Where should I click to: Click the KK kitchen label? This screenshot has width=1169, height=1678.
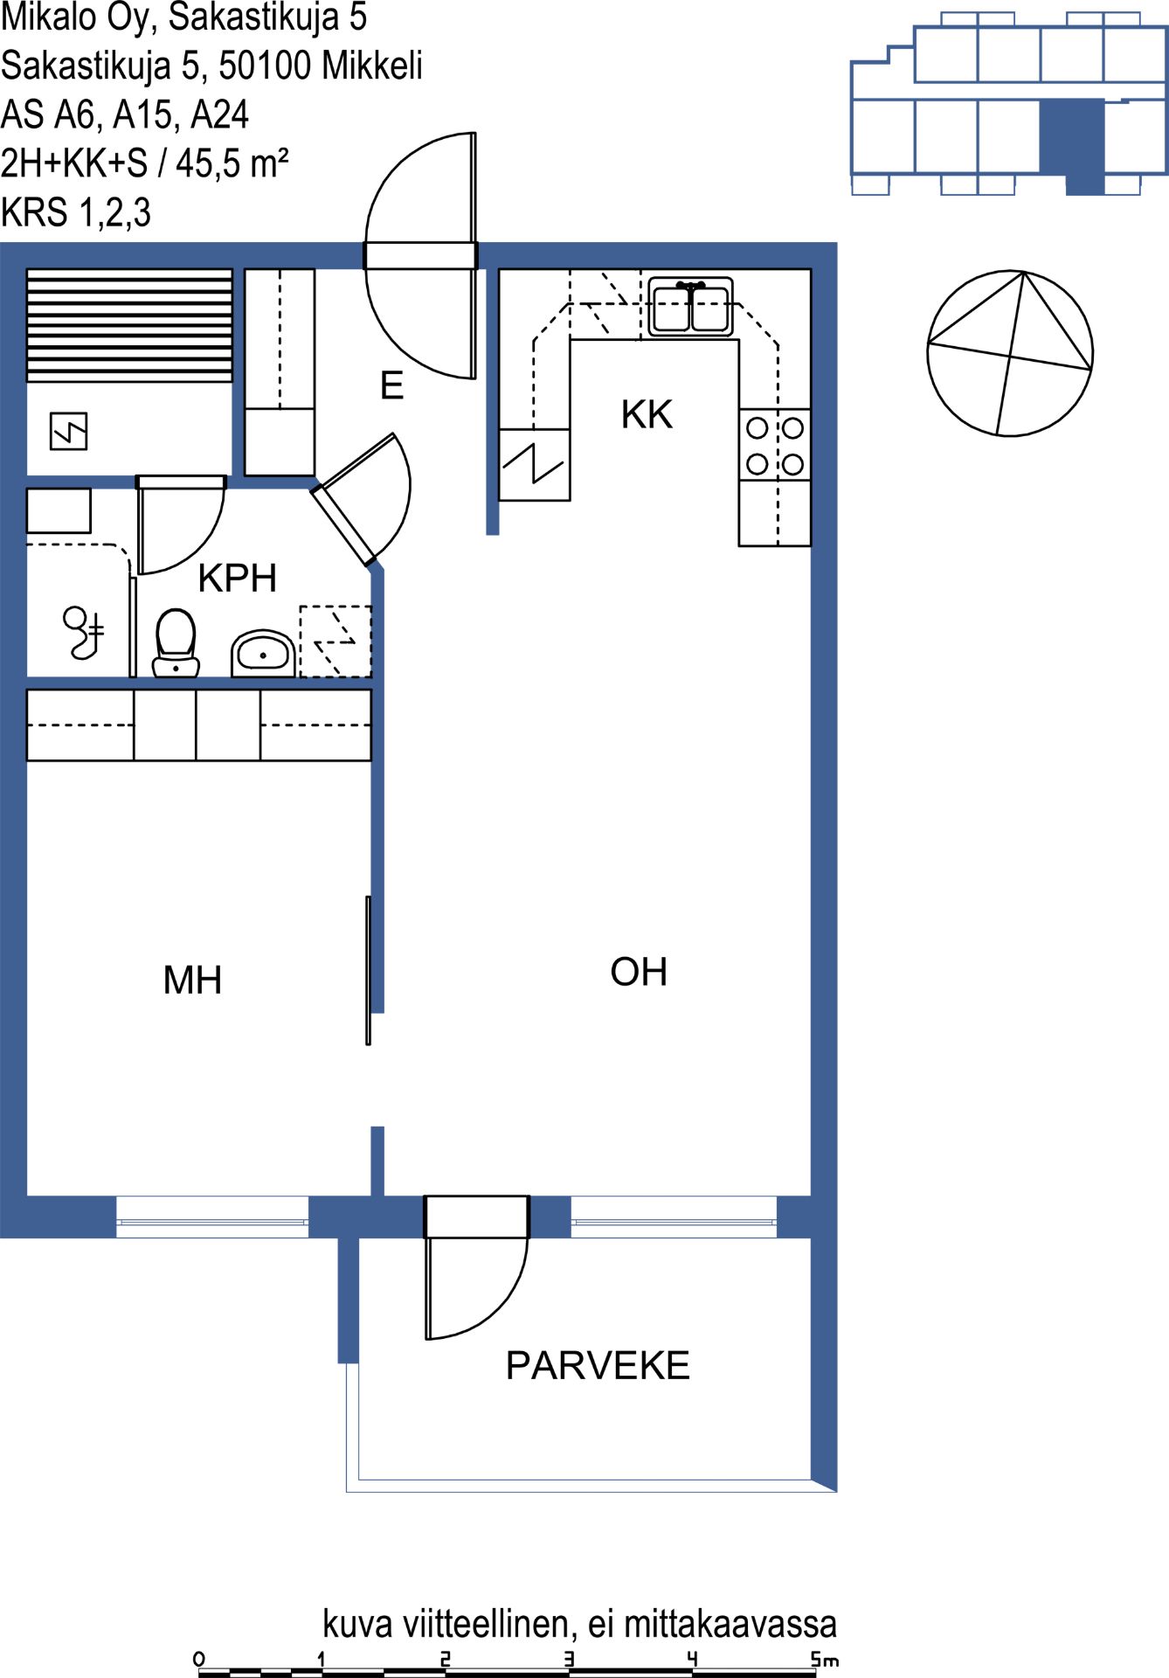tap(647, 414)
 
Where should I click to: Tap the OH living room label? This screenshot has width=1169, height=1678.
tap(639, 972)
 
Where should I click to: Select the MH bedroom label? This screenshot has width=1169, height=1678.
tap(192, 980)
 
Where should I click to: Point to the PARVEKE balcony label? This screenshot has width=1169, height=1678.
tap(598, 1366)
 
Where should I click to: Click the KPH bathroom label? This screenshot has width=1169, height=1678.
tap(237, 578)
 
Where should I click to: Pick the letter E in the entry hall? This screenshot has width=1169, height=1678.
tap(391, 385)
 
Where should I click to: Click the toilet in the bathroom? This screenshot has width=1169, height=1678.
tap(176, 643)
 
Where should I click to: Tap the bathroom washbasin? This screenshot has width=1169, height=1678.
tap(263, 653)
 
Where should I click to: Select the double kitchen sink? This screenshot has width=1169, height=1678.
tap(690, 307)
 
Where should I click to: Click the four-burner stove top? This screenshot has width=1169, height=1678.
tap(775, 445)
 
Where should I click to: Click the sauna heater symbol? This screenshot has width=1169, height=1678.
tap(68, 431)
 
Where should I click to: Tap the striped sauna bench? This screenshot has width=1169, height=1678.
tap(129, 325)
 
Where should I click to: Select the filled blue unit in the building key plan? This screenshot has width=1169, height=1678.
tap(1074, 144)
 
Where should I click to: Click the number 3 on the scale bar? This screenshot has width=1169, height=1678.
tap(569, 1658)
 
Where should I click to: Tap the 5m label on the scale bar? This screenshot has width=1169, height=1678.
tap(825, 1658)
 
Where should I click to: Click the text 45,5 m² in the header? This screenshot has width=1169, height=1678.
tap(232, 163)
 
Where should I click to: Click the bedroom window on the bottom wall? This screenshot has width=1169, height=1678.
tap(212, 1217)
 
